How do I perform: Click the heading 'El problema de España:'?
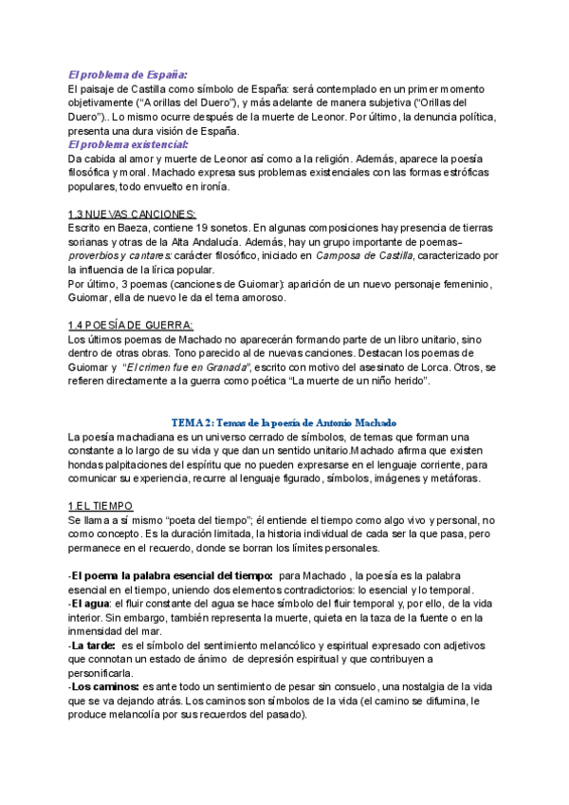click(x=128, y=74)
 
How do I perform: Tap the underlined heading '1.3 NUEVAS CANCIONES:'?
click(x=133, y=215)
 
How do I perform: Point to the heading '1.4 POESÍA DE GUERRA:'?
click(x=130, y=326)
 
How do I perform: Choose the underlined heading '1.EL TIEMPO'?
click(x=101, y=507)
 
